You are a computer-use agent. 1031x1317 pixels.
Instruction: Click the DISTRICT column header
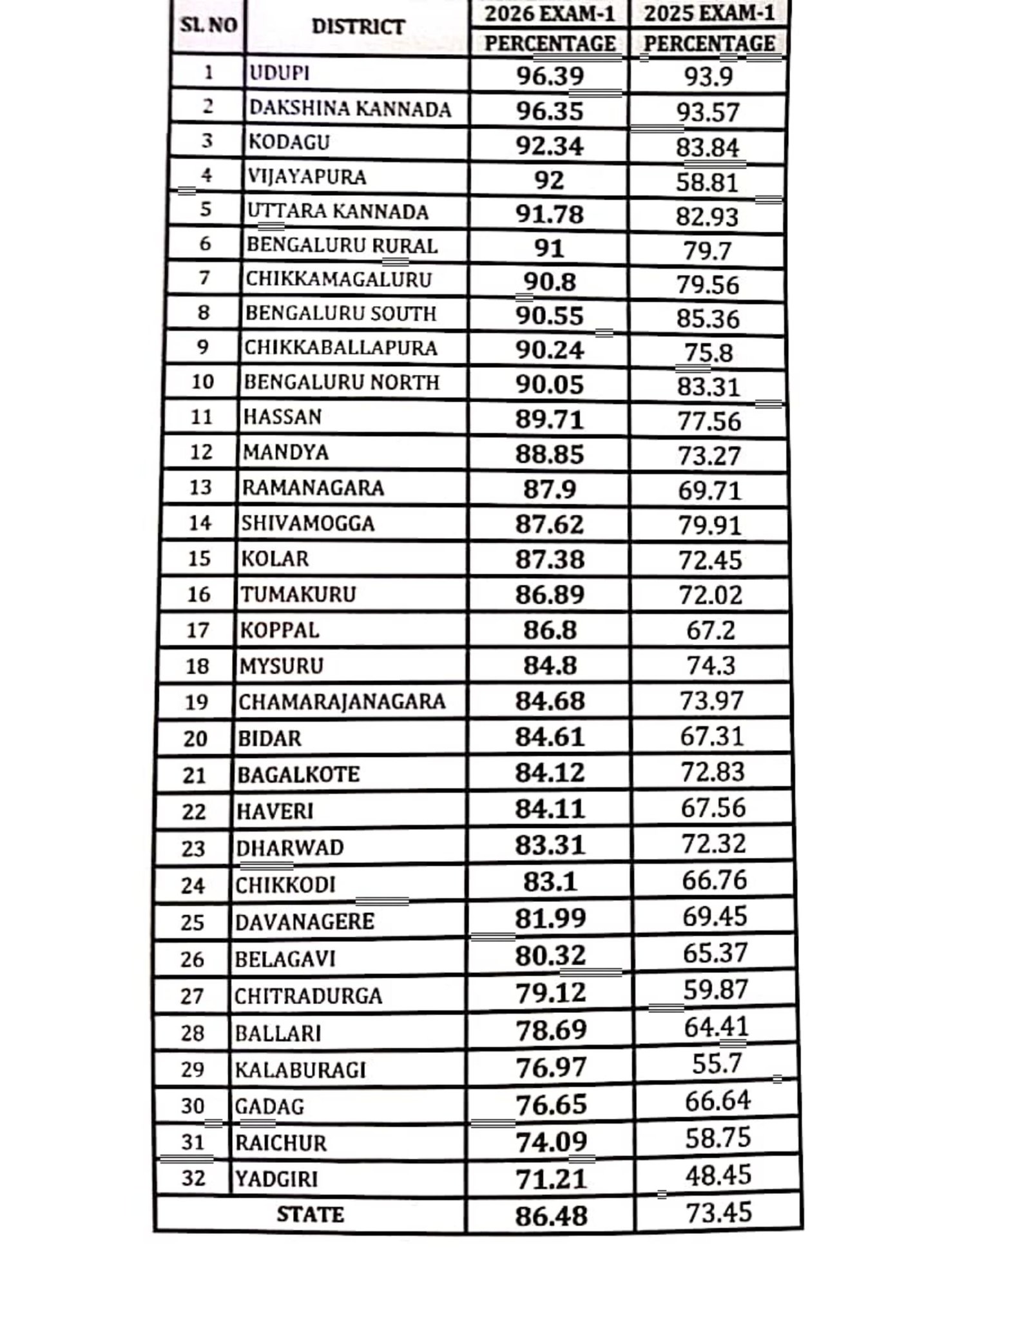click(358, 26)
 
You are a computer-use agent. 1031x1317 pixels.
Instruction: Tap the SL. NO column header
click(208, 26)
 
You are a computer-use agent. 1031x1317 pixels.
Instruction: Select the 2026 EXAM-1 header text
click(550, 14)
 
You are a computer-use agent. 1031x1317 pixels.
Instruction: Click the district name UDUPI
click(279, 73)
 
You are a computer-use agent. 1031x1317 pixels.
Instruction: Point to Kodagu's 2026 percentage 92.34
click(550, 146)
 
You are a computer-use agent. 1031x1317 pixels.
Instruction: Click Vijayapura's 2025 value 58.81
click(707, 182)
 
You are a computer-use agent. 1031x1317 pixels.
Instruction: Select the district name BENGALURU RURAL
click(342, 245)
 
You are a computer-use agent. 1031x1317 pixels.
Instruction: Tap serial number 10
click(202, 381)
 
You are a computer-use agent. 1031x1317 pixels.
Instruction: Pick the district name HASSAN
click(282, 417)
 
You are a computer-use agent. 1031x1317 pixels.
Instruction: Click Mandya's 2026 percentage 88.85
click(550, 454)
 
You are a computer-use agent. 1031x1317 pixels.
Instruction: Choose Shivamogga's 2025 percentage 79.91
click(709, 525)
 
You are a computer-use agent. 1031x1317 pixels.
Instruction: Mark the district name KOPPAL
click(280, 630)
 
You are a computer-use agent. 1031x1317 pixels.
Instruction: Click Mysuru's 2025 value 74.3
click(711, 665)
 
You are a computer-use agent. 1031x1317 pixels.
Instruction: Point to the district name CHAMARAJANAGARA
click(342, 701)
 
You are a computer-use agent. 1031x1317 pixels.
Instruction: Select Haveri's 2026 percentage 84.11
click(550, 808)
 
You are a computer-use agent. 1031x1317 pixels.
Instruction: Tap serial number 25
click(192, 922)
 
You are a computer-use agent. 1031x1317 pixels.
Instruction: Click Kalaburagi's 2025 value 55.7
click(717, 1064)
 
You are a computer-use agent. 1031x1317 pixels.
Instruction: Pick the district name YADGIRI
click(276, 1179)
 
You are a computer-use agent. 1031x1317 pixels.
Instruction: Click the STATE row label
click(310, 1215)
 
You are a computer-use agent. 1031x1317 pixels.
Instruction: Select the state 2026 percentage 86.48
click(551, 1216)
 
